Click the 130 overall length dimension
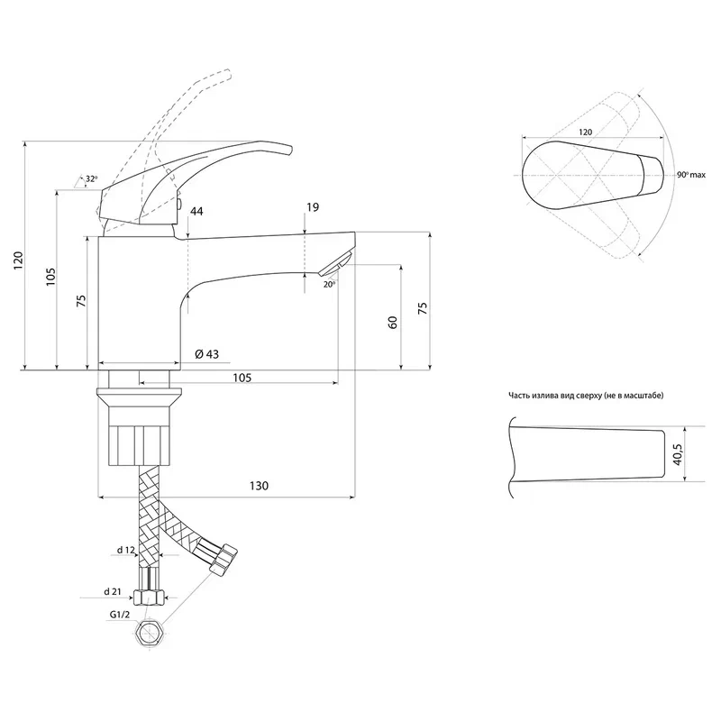coord(259,486)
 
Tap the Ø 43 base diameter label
coord(207,354)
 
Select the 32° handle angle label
coord(92,178)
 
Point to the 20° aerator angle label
coord(329,285)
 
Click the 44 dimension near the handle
coord(196,212)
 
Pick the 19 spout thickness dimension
coord(312,207)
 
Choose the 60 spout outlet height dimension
coord(393,323)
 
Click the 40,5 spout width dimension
coord(678,454)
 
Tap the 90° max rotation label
coord(691,175)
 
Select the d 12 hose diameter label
coord(126,550)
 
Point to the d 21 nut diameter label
coord(112,592)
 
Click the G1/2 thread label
coord(120,615)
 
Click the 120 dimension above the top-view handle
coord(585,132)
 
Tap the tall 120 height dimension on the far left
coord(18,260)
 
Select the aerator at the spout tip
coord(336,264)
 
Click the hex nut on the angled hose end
coord(223,558)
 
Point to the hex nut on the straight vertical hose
coord(149,598)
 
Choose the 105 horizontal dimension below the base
coord(242,378)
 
